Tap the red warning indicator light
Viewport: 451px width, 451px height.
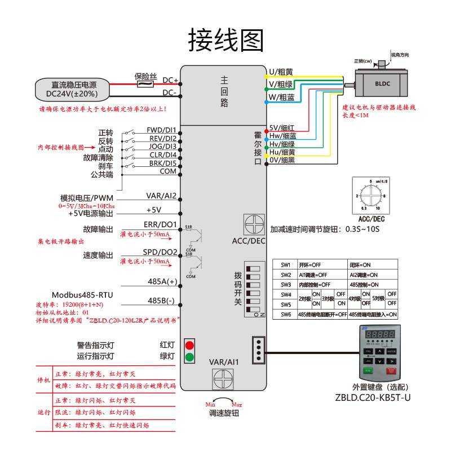190,344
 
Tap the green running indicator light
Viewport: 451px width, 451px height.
190,356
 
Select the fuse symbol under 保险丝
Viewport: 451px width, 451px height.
146,85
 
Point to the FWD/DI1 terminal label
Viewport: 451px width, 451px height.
162,130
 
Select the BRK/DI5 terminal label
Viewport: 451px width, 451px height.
162,163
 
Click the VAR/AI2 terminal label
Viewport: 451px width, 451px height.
162,196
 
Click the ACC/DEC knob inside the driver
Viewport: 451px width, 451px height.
254,224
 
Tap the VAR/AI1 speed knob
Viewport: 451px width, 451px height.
224,379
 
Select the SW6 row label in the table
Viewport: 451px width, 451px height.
286,315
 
